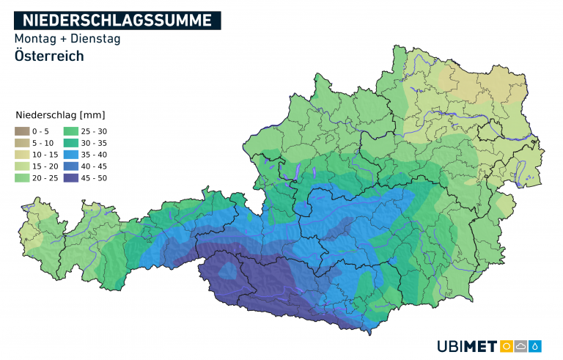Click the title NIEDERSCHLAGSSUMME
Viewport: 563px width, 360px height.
click(117, 20)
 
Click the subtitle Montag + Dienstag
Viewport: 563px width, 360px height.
click(67, 39)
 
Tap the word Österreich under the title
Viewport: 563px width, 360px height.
click(48, 56)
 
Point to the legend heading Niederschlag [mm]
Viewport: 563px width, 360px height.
click(60, 115)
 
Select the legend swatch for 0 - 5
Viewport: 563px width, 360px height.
click(21, 131)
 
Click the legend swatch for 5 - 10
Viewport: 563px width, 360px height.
click(21, 142)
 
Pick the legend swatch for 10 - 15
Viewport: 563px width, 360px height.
click(21, 154)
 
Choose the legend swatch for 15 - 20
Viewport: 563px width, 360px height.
click(21, 166)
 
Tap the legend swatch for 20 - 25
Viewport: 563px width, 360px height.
click(21, 177)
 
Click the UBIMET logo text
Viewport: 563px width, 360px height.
click(466, 346)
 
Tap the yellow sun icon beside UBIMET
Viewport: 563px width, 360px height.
click(506, 346)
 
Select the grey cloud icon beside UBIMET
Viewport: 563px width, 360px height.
click(520, 346)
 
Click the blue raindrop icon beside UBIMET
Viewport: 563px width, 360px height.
click(536, 346)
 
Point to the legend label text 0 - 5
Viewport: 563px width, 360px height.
click(41, 131)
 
